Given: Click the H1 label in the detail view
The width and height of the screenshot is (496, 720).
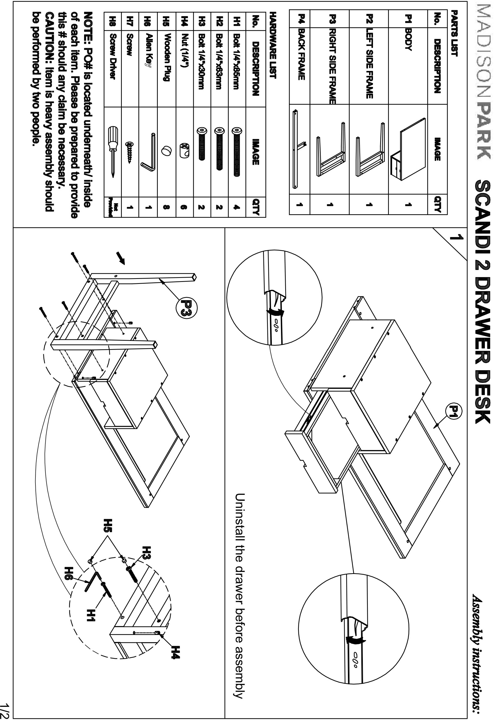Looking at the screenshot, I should point(91,618).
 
